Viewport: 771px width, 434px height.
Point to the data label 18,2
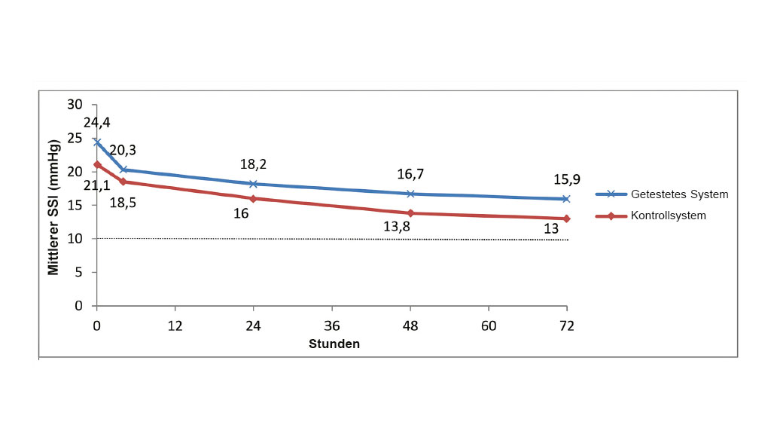pyautogui.click(x=253, y=164)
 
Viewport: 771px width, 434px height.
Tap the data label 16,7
pyautogui.click(x=410, y=175)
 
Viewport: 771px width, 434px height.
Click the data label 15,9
pyautogui.click(x=567, y=180)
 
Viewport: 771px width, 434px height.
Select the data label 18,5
pyautogui.click(x=123, y=202)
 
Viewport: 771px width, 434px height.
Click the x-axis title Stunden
pyautogui.click(x=334, y=344)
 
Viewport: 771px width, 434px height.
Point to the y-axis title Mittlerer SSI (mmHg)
pyautogui.click(x=53, y=206)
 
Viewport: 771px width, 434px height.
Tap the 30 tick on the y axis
pyautogui.click(x=75, y=105)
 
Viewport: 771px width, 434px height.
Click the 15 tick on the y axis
pyautogui.click(x=75, y=205)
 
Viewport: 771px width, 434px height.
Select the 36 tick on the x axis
pyautogui.click(x=331, y=326)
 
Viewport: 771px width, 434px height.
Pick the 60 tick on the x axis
pyautogui.click(x=488, y=326)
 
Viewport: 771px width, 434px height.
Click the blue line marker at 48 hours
pyautogui.click(x=410, y=194)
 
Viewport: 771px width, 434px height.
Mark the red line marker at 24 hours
pyautogui.click(x=253, y=199)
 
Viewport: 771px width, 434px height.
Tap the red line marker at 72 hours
pyautogui.click(x=566, y=219)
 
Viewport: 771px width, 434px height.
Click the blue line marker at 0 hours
pyautogui.click(x=97, y=142)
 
